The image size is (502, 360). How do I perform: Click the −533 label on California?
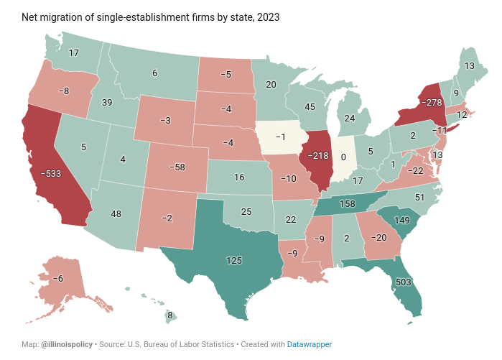pyautogui.click(x=50, y=173)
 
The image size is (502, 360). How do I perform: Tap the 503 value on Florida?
pyautogui.click(x=404, y=282)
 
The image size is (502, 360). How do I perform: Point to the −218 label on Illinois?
pyautogui.click(x=318, y=156)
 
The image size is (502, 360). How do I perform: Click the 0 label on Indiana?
pyautogui.click(x=344, y=157)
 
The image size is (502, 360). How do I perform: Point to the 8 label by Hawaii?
pyautogui.click(x=170, y=315)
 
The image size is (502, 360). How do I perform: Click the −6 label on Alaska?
pyautogui.click(x=60, y=278)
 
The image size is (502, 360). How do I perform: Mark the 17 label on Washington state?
pyautogui.click(x=74, y=53)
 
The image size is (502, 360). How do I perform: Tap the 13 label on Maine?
pyautogui.click(x=469, y=66)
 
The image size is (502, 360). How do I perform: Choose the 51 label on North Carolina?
pyautogui.click(x=420, y=197)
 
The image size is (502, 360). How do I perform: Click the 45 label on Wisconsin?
pyautogui.click(x=311, y=107)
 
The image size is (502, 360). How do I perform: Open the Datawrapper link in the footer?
pyautogui.click(x=310, y=345)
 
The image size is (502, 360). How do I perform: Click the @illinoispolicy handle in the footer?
pyautogui.click(x=67, y=345)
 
